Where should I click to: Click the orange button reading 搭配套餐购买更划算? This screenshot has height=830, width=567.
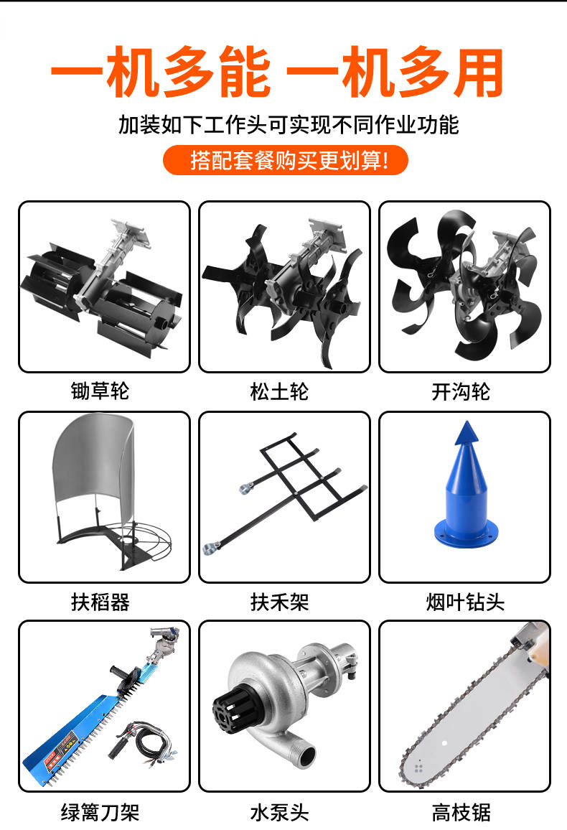coord(285,160)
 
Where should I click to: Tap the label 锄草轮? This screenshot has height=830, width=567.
coord(100,391)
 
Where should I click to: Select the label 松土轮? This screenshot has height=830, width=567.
coord(279,392)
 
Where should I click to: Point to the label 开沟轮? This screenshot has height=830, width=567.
coord(461,392)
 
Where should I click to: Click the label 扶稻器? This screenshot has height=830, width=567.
coord(100,602)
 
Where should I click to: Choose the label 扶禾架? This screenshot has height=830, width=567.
coord(279,602)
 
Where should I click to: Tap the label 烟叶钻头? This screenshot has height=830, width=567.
coord(466,602)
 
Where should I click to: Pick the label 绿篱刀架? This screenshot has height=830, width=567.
coord(100,812)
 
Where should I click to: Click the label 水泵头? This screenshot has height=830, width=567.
coord(279,812)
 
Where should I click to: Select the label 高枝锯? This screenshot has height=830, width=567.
coord(461,812)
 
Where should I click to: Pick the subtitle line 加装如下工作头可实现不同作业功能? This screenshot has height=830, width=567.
coord(289,124)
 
